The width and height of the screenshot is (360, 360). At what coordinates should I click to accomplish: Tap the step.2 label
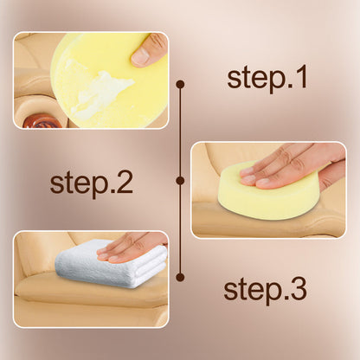(91, 183)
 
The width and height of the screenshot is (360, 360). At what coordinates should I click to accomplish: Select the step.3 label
(265, 290)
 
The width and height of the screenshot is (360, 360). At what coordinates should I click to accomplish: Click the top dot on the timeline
(181, 84)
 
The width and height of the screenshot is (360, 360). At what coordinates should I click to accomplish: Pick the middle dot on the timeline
(181, 181)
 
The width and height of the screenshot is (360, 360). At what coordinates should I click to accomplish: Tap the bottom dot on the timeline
(181, 277)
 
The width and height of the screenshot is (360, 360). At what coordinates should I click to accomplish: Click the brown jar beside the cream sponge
(42, 122)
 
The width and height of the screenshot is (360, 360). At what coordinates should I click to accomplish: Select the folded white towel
(111, 264)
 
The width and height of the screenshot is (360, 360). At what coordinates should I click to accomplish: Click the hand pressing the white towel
(132, 247)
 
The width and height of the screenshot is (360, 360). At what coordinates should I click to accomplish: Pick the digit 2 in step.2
(125, 182)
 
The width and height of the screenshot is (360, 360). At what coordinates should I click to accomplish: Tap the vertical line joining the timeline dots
(181, 181)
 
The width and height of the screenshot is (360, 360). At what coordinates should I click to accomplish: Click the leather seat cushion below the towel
(87, 292)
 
